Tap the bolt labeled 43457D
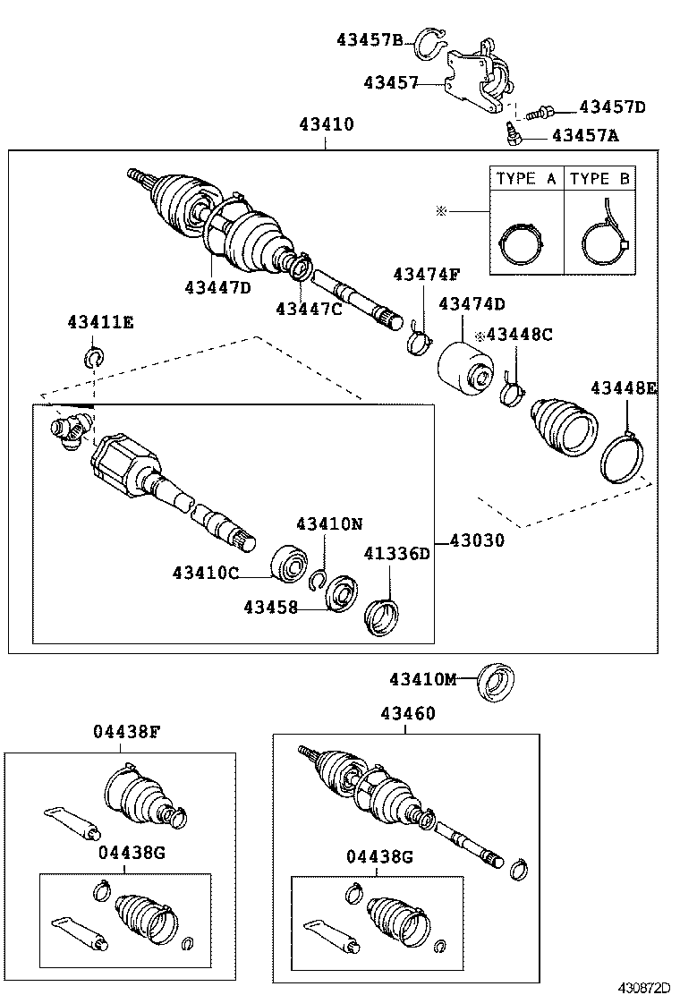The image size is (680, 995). [x=540, y=113]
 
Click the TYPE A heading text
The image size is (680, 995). [x=526, y=178]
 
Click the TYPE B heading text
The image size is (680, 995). [x=599, y=178]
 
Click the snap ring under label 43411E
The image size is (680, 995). [x=95, y=360]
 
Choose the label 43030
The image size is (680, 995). [x=476, y=540]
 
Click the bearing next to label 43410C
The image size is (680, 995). [x=290, y=561]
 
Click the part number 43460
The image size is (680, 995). [x=407, y=713]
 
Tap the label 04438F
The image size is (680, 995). [x=126, y=731]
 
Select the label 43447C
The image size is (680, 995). [x=309, y=308]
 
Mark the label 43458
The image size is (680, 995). [x=270, y=608]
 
